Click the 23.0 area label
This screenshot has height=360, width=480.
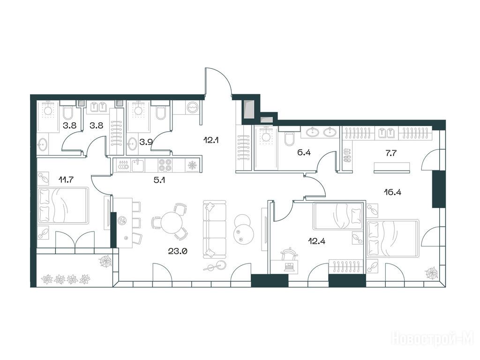(x=178, y=251)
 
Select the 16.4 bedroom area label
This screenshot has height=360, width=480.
(x=392, y=192)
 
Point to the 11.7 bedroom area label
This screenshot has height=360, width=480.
(x=66, y=180)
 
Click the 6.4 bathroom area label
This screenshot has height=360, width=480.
(x=304, y=152)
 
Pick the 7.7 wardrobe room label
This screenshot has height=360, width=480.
(x=391, y=153)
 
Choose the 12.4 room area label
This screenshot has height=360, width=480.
(x=316, y=241)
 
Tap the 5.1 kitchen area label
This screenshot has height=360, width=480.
(x=159, y=180)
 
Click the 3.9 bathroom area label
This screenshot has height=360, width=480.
(x=146, y=142)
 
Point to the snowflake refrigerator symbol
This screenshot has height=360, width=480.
(x=192, y=165)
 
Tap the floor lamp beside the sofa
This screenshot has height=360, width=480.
(x=216, y=266)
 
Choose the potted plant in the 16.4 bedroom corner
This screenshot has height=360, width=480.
(x=432, y=272)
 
